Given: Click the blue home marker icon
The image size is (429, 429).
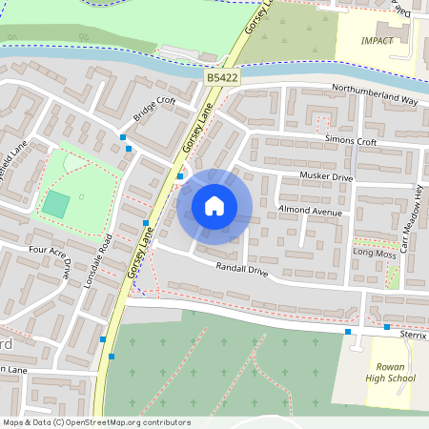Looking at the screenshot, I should coord(214,205).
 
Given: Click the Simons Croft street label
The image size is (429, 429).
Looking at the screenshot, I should coord(351,141).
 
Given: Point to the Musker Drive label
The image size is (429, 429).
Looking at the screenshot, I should coord(326,177).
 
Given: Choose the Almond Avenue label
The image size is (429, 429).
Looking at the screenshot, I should coord(309,211).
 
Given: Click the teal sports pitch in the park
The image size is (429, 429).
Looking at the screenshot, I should coord(56,203).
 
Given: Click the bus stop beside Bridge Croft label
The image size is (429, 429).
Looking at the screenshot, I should coord(123,138).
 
